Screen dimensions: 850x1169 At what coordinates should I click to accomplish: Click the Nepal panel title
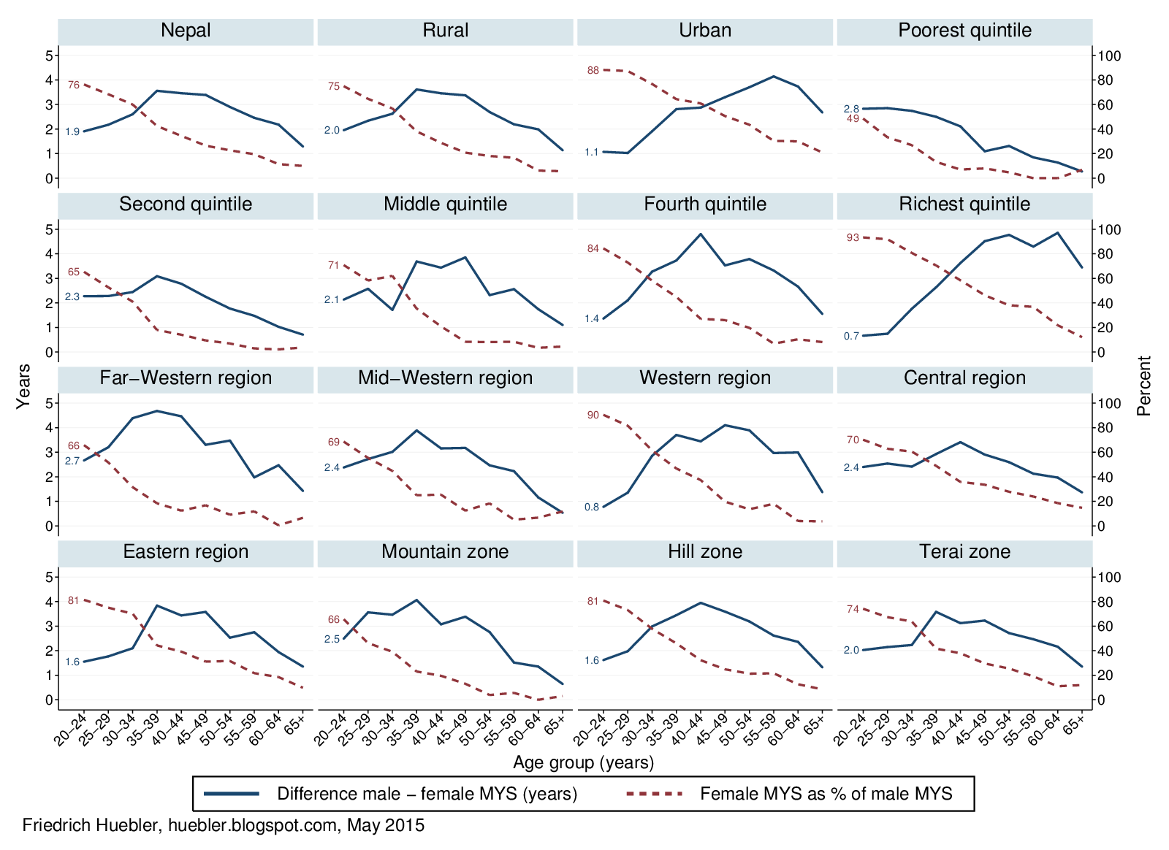pos(186,31)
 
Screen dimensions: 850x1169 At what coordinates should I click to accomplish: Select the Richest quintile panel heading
pos(964,204)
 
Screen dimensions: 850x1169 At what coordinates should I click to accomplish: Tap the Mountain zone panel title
pos(445,552)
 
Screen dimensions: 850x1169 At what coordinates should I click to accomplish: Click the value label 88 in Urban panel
pos(593,71)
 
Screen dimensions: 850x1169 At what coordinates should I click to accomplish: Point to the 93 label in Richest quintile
pos(853,238)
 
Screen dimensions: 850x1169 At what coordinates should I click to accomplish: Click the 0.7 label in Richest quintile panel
pos(851,337)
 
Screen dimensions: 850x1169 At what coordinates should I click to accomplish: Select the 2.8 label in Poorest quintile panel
pos(851,109)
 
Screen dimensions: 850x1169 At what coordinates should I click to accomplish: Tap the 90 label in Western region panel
pos(593,416)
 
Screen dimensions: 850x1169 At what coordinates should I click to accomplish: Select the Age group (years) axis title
pos(583,763)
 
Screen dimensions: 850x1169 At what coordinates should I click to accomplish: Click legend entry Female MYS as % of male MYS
pos(826,794)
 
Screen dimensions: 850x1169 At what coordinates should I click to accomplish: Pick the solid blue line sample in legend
pos(232,794)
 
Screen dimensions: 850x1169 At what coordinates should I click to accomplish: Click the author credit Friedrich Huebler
pos(224,826)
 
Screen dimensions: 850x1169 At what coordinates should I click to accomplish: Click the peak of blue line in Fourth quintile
pos(701,234)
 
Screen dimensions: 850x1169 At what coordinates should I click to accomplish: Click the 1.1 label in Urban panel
pos(591,153)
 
